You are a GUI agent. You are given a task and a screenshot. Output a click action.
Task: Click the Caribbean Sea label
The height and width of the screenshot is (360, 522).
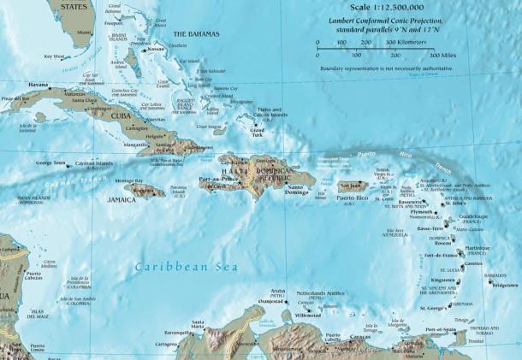pyautogui.click(x=186, y=268)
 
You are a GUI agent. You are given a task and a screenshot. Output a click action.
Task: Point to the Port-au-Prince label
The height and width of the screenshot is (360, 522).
pyautogui.click(x=217, y=180)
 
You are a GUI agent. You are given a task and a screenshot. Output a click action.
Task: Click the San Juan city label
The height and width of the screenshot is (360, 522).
pyautogui.click(x=352, y=185)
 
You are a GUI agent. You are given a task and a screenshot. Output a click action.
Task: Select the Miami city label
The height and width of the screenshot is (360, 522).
pyautogui.click(x=82, y=32)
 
